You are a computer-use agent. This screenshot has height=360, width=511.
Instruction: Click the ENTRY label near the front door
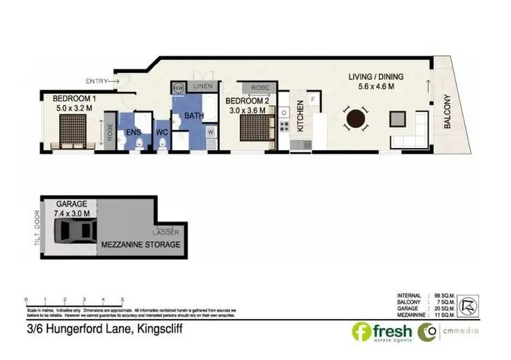[96, 81]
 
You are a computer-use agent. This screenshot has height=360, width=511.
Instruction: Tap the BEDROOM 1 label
[72, 98]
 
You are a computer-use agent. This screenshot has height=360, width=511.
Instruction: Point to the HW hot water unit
[179, 88]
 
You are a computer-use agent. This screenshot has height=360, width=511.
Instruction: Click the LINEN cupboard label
[202, 87]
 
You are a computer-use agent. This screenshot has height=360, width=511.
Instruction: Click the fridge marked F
[312, 100]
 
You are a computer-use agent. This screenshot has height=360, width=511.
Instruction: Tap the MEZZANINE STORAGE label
[140, 244]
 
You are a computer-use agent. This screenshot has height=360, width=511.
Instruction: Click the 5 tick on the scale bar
[122, 299]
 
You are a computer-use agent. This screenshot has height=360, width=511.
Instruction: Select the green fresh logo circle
[362, 332]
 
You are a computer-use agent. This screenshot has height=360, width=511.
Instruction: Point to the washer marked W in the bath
[211, 131]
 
